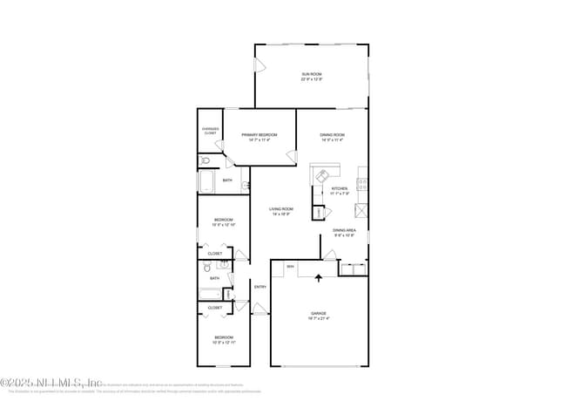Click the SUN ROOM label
[311, 75]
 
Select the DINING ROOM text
[333, 134]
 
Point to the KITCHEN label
[340, 188]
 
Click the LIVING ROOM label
[280, 209]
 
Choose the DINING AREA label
[345, 230]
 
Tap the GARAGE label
[318, 313]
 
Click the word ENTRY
[259, 287]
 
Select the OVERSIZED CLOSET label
[210, 132]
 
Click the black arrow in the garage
[318, 278]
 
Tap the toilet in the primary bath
[205, 161]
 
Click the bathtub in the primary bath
[208, 182]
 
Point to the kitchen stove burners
[361, 184]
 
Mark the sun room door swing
[259, 65]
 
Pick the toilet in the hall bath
[222, 265]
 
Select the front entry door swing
[259, 308]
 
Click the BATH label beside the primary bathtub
[227, 180]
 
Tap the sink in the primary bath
[246, 185]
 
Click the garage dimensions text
[318, 318]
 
